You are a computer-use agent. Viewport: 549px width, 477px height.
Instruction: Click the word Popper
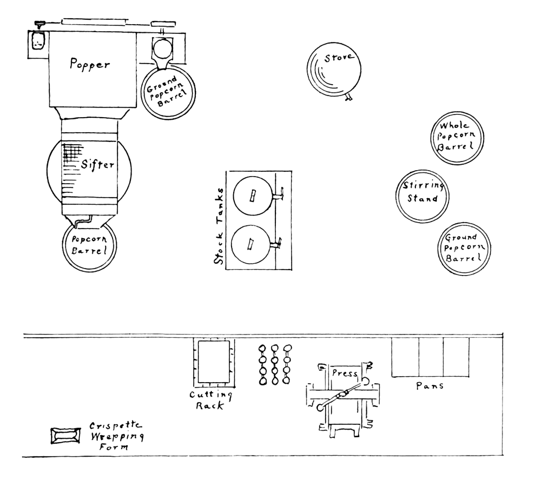(90, 64)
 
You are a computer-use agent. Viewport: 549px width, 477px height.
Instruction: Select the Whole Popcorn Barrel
(458, 137)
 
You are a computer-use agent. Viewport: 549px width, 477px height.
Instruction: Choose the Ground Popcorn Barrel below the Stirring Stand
(463, 249)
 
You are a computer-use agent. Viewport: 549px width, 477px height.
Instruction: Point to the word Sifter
(97, 164)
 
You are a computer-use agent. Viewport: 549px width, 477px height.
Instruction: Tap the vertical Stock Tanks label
(219, 226)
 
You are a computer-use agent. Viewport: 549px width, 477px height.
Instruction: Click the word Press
(344, 374)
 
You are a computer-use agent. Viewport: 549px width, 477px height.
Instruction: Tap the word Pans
(430, 386)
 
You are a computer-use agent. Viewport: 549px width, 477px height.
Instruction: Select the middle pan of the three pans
(431, 358)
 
